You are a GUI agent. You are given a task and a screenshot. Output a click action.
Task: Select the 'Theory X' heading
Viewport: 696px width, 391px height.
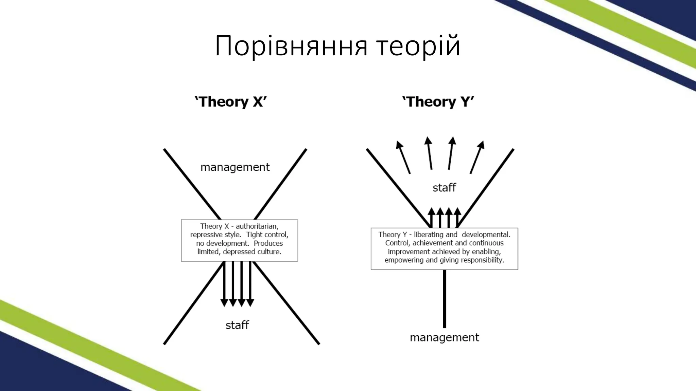click(x=231, y=102)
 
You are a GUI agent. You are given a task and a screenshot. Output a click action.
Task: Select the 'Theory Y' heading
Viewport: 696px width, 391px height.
click(x=438, y=102)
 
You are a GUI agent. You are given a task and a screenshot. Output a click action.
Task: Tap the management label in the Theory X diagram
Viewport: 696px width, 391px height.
click(x=235, y=167)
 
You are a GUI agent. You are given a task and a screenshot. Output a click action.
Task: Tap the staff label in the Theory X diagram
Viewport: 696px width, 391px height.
click(x=237, y=325)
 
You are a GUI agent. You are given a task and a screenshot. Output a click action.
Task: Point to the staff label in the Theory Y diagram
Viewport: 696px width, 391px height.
click(x=444, y=188)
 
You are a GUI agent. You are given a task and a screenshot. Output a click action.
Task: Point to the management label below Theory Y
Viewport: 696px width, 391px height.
click(x=444, y=338)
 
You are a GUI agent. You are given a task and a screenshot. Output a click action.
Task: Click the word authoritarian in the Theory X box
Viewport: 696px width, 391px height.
click(x=257, y=226)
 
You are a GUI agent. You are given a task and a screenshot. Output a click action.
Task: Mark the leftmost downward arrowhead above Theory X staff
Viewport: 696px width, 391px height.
click(x=224, y=302)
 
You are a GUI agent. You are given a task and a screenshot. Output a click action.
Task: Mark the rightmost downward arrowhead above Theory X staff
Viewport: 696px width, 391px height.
click(x=250, y=302)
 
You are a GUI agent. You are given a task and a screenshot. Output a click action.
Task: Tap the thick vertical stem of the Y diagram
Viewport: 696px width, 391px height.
click(x=444, y=299)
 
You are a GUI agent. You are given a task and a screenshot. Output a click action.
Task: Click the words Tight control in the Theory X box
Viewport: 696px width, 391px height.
click(x=267, y=235)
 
